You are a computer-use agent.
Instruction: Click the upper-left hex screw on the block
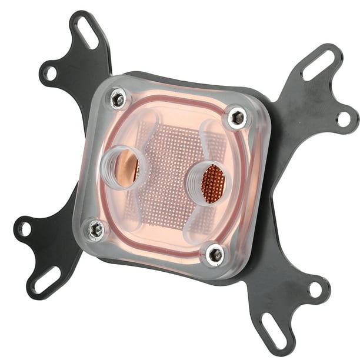tap(118, 99)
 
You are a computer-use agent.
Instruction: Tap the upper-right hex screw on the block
tap(238, 118)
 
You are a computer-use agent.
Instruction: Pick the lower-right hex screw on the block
tap(215, 254)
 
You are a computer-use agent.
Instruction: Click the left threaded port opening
tap(125, 168)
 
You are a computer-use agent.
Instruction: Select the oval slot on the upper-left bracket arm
tap(86, 33)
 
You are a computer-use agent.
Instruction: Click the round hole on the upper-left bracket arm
tap(51, 73)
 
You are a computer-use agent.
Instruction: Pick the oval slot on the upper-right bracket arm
tap(318, 63)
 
